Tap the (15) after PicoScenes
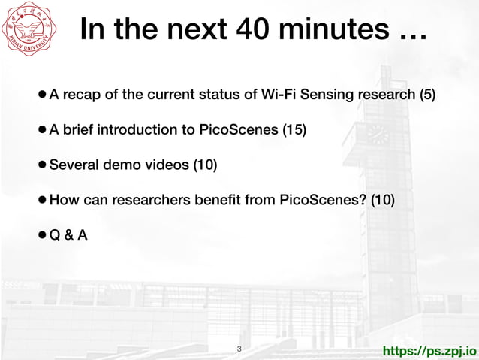(x=294, y=130)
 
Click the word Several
(x=74, y=165)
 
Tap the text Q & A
(x=68, y=236)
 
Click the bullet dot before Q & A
(x=43, y=236)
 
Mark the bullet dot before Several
(x=43, y=165)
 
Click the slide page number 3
(x=239, y=349)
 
